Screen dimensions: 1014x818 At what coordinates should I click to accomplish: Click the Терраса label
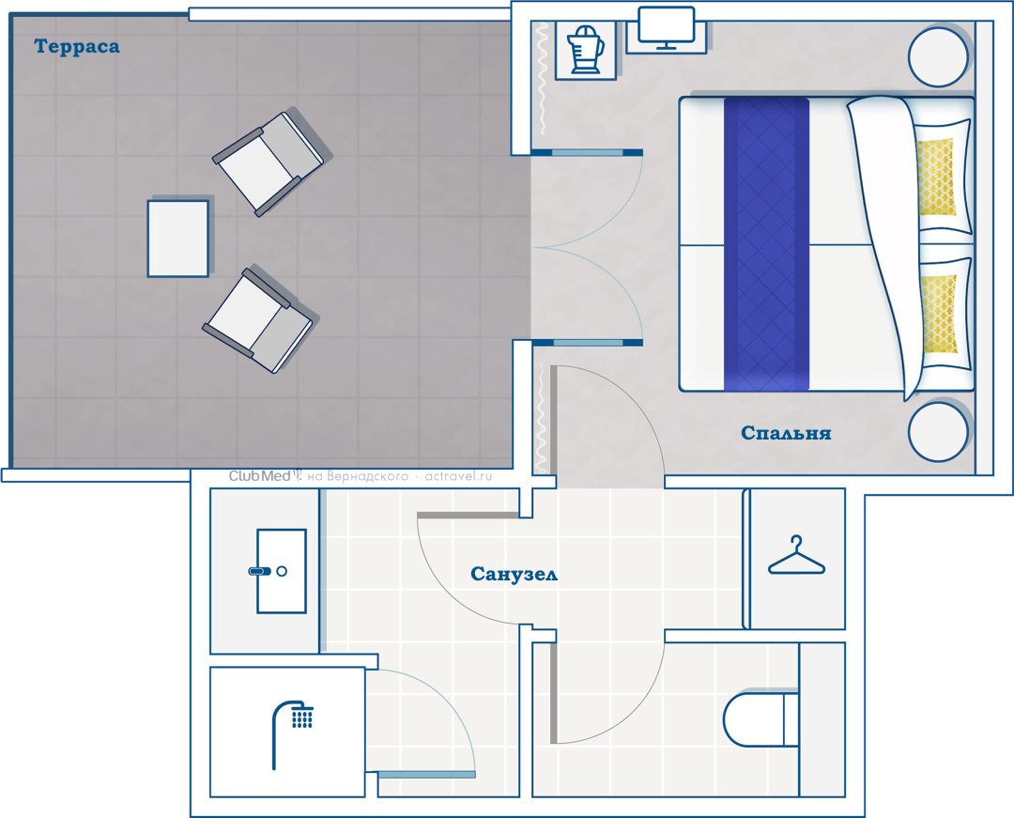click(77, 47)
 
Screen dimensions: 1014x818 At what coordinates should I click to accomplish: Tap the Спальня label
click(786, 433)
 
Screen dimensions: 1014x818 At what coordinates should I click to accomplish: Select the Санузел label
click(514, 574)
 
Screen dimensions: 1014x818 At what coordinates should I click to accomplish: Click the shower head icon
click(293, 733)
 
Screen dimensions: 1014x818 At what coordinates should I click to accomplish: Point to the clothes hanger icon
click(796, 555)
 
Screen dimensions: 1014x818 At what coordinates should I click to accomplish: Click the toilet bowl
click(760, 719)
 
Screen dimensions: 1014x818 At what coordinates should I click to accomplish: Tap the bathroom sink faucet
click(260, 571)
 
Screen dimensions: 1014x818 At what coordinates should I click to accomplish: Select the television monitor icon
click(666, 28)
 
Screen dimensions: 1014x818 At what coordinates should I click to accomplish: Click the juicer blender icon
click(585, 49)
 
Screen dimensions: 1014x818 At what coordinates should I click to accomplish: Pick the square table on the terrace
click(177, 239)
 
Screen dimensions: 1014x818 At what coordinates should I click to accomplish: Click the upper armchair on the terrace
click(269, 163)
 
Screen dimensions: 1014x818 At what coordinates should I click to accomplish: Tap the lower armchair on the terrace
click(258, 320)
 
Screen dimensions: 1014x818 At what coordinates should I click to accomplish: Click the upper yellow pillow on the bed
click(936, 177)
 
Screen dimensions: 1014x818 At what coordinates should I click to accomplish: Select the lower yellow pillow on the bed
click(938, 314)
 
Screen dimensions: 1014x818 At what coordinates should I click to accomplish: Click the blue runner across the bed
click(766, 244)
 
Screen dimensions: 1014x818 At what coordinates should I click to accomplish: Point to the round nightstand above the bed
click(938, 57)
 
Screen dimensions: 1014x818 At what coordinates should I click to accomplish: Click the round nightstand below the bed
click(938, 431)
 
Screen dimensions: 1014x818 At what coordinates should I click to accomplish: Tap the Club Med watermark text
click(260, 476)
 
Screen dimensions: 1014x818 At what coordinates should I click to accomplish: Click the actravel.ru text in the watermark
click(458, 476)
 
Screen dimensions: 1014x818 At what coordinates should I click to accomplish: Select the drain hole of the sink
click(282, 571)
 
